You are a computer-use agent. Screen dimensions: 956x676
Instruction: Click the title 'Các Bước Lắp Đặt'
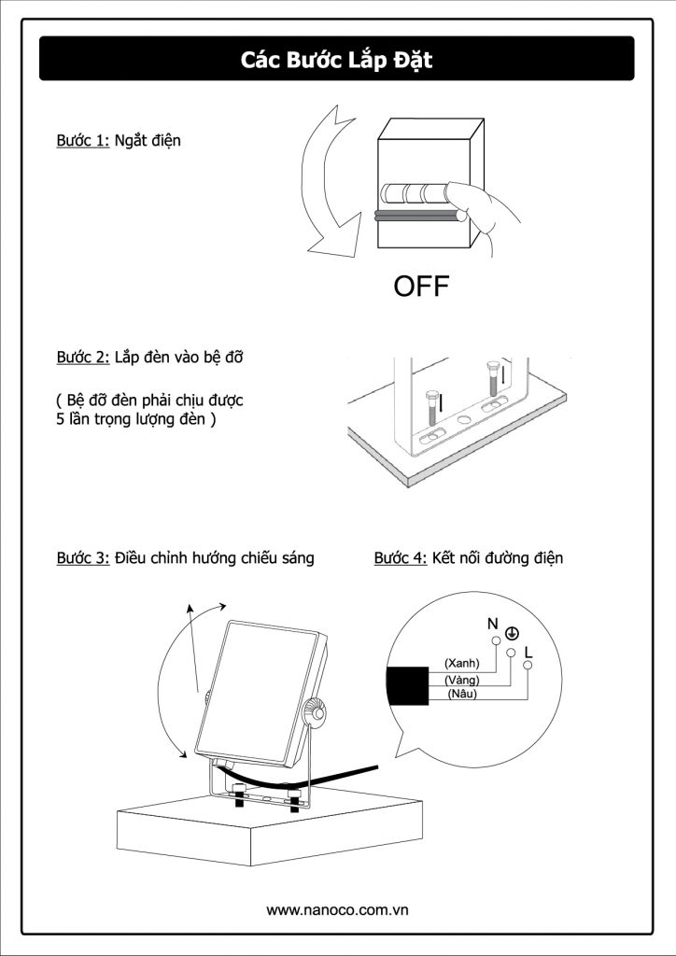[337, 61]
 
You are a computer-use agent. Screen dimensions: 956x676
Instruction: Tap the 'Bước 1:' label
[83, 141]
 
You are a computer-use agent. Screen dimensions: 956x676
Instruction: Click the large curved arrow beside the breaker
[322, 187]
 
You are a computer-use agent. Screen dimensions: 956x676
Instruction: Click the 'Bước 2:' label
[83, 358]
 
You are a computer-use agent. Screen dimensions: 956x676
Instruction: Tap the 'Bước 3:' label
[83, 558]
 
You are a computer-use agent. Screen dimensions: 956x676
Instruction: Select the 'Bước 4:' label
[401, 558]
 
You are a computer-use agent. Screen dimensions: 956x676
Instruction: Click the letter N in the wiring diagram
[492, 624]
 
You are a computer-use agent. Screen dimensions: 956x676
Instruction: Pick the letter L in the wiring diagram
[528, 652]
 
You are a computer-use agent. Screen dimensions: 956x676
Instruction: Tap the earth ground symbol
[512, 634]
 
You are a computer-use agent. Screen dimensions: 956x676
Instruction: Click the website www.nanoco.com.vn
[338, 909]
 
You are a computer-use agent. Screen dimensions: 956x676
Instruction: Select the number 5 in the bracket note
[61, 420]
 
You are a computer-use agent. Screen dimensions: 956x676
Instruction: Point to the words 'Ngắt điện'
[148, 141]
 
